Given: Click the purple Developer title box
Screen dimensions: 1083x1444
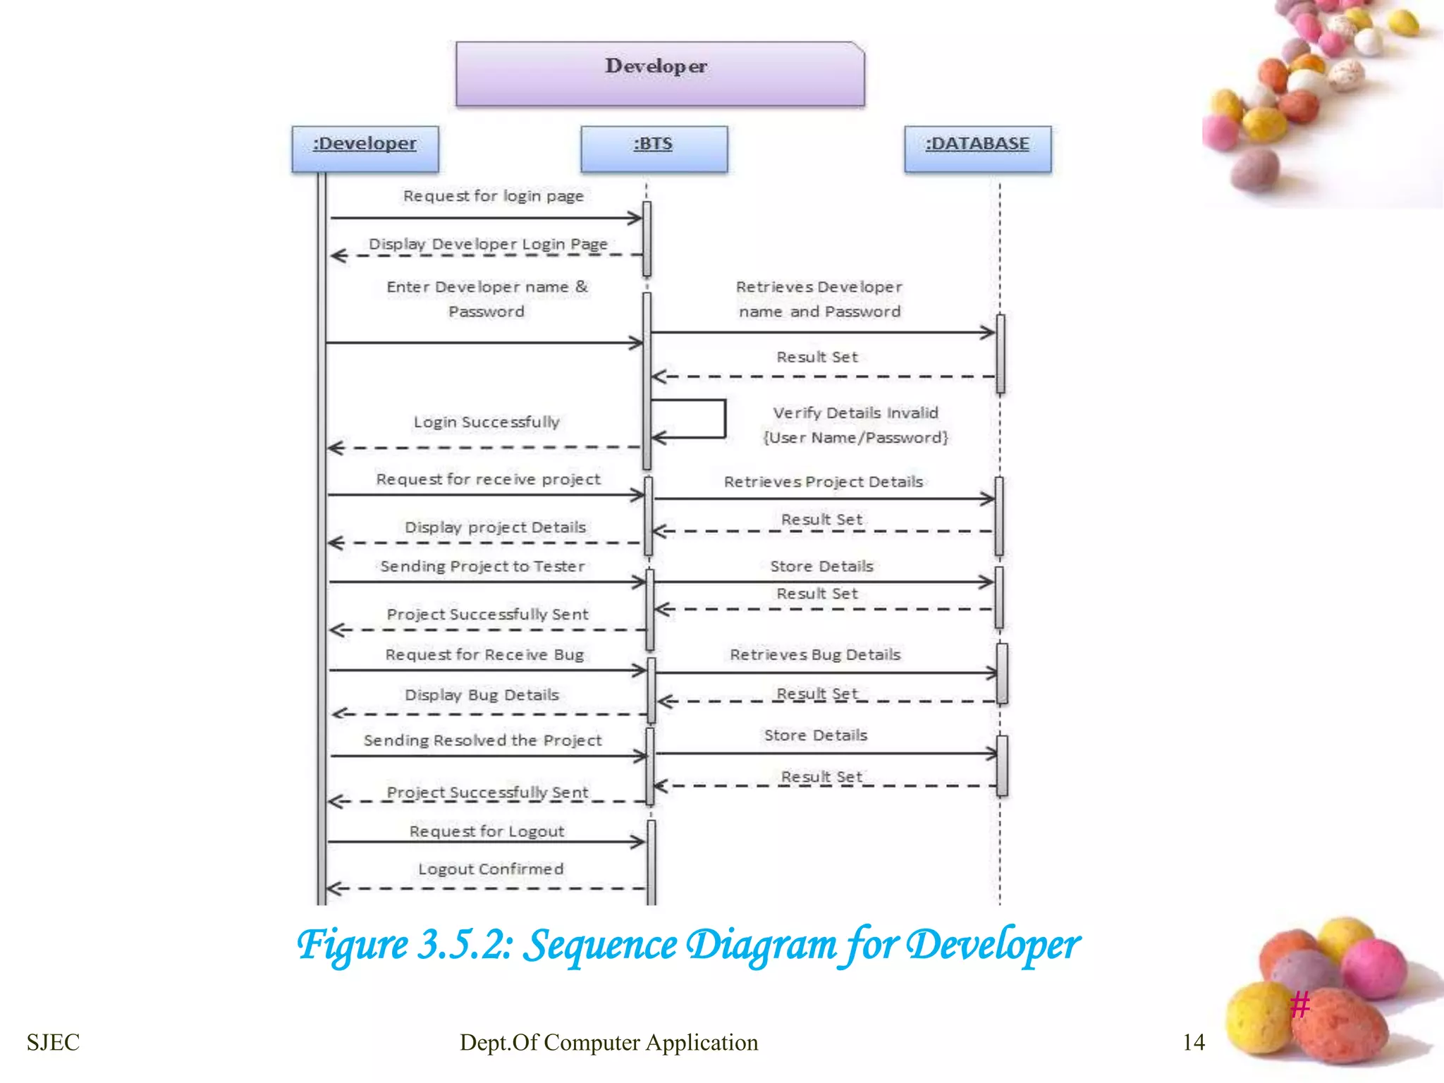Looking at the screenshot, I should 659,74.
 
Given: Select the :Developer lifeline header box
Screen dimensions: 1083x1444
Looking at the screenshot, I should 365,149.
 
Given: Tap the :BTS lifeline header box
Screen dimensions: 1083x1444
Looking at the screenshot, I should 654,149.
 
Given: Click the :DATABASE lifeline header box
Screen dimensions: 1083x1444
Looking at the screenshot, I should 977,149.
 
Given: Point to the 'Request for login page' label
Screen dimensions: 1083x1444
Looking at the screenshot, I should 493,196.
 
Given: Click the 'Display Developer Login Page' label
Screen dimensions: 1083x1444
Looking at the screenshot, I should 488,244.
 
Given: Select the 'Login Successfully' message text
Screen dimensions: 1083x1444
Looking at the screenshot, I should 487,422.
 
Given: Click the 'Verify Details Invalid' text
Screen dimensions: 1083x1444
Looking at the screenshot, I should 855,413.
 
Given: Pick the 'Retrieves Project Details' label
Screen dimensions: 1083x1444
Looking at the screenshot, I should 823,482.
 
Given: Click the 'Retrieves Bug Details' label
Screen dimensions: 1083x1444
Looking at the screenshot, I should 815,654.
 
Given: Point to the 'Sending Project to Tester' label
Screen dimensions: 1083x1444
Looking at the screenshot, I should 482,566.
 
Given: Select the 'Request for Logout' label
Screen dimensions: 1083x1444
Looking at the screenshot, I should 487,831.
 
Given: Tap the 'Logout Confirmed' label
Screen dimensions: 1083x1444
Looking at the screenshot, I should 491,869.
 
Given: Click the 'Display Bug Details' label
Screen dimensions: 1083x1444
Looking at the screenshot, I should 482,695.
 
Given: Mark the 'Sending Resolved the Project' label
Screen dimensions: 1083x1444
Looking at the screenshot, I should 482,740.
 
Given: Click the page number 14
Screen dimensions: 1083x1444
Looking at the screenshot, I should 1193,1042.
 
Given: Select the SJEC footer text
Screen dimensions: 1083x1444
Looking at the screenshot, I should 53,1042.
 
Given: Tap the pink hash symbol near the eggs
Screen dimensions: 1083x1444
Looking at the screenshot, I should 1300,1004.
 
